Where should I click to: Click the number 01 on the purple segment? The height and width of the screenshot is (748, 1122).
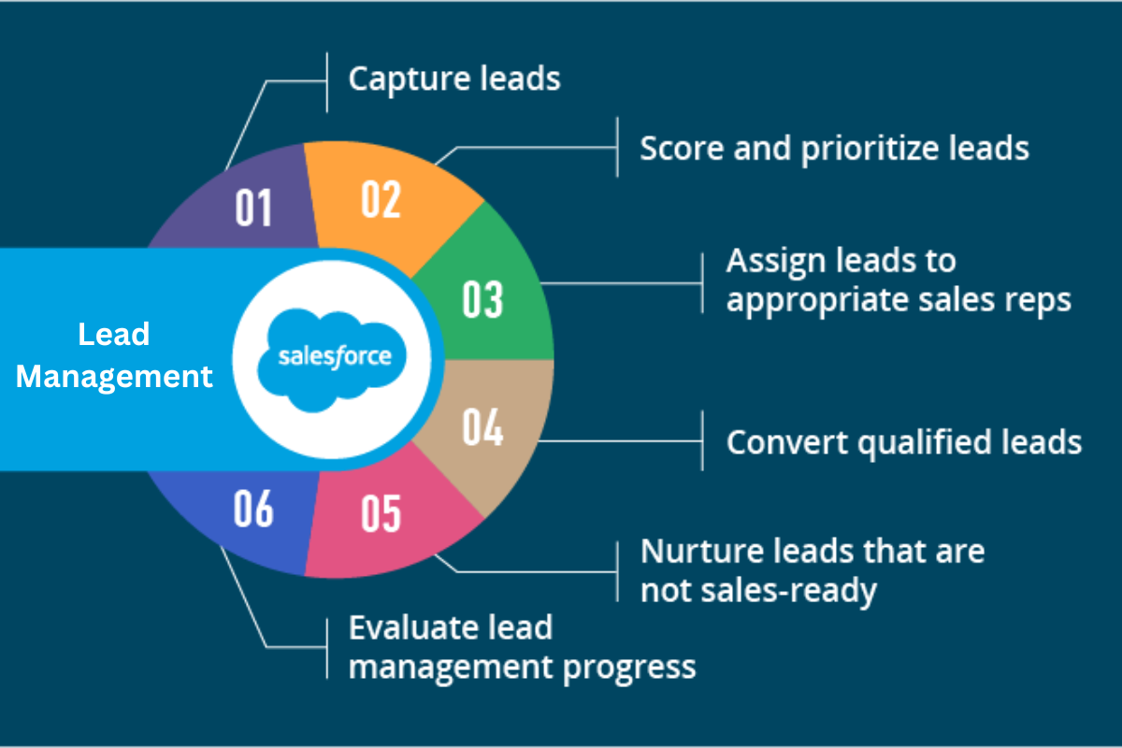253,208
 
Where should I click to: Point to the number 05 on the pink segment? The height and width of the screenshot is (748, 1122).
381,512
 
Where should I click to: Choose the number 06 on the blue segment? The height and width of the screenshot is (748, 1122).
253,509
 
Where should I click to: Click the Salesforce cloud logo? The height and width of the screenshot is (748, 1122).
334,357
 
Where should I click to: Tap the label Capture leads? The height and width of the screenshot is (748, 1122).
454,79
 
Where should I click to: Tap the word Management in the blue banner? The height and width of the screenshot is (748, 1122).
114,376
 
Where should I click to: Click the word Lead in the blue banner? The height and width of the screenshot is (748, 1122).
114,334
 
